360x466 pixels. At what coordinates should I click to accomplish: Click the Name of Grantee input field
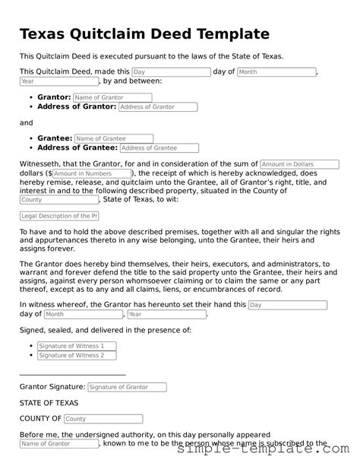pos(114,138)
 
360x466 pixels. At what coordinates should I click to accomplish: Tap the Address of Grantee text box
pos(159,148)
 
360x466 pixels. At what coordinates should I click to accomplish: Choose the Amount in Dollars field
pos(299,164)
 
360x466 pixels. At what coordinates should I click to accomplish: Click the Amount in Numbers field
pos(92,173)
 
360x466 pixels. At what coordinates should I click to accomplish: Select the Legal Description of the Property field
pos(58,216)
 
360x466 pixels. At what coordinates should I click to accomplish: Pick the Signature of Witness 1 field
pos(77,346)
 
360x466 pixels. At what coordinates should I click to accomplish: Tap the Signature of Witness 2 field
pos(77,355)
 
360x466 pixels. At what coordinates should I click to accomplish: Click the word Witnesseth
pos(45,164)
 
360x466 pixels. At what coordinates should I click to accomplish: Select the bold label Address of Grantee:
pos(77,148)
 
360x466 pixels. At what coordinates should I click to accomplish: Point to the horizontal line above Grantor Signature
pos(72,375)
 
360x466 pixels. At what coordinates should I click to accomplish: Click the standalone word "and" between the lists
pos(27,122)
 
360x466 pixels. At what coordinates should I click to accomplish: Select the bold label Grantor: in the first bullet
pos(54,97)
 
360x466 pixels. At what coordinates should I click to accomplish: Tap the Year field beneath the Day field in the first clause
pos(49,81)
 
